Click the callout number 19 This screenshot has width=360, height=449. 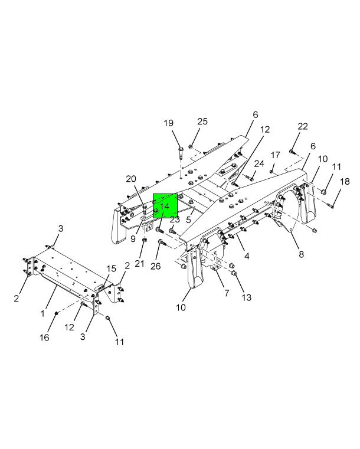[169, 123]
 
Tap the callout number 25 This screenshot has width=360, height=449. [202, 122]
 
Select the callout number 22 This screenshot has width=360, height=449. [303, 126]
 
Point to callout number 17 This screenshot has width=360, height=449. [275, 155]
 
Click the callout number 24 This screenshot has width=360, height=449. [259, 163]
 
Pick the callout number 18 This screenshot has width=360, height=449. [345, 182]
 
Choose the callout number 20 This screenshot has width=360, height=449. [131, 179]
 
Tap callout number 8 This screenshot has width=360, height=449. [301, 254]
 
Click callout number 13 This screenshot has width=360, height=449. [246, 297]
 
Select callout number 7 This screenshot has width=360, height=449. [227, 293]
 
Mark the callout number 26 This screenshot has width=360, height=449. [156, 266]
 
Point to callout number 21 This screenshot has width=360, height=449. [139, 264]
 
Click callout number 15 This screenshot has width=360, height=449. [111, 268]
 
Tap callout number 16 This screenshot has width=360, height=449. [44, 337]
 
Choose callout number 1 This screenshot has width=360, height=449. [42, 313]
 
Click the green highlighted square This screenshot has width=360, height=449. [165, 206]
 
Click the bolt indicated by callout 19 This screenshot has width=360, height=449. [181, 153]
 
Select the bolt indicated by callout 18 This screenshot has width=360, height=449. [330, 205]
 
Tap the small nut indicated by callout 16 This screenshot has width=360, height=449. [57, 313]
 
